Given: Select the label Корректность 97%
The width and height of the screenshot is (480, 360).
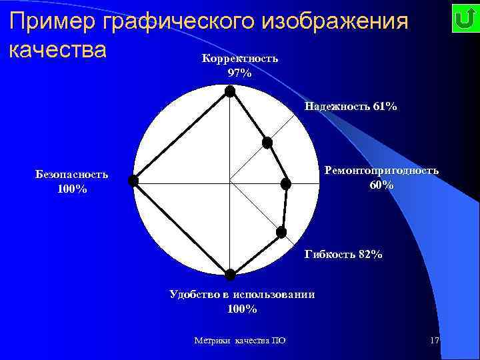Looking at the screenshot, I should tap(239, 65).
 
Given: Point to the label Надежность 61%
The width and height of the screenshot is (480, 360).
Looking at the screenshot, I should tap(351, 106).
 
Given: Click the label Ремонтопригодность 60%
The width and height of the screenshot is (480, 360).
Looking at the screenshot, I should tap(381, 177).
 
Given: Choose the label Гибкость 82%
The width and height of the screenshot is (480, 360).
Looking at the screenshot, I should tap(343, 254).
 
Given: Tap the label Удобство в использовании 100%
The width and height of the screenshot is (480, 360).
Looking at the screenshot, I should tap(241, 301).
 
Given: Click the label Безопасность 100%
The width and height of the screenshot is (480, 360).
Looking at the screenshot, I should tap(72, 181).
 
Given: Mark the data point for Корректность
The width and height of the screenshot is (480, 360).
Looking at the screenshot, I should tap(230, 92).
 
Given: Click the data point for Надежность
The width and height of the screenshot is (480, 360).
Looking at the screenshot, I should tap(267, 142).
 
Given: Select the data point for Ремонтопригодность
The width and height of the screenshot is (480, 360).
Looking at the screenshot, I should tap(285, 184).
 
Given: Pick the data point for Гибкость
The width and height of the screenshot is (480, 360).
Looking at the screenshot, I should tap(281, 232).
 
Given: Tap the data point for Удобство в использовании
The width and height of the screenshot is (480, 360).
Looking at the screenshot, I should tap(230, 274).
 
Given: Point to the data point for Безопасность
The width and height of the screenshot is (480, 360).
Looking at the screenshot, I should tap(133, 181).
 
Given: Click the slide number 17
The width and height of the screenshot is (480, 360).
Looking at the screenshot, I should tap(435, 341).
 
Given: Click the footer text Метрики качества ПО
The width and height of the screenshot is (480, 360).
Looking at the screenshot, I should tap(239, 341).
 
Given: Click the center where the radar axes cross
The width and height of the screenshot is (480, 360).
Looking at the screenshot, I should tap(230, 181).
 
